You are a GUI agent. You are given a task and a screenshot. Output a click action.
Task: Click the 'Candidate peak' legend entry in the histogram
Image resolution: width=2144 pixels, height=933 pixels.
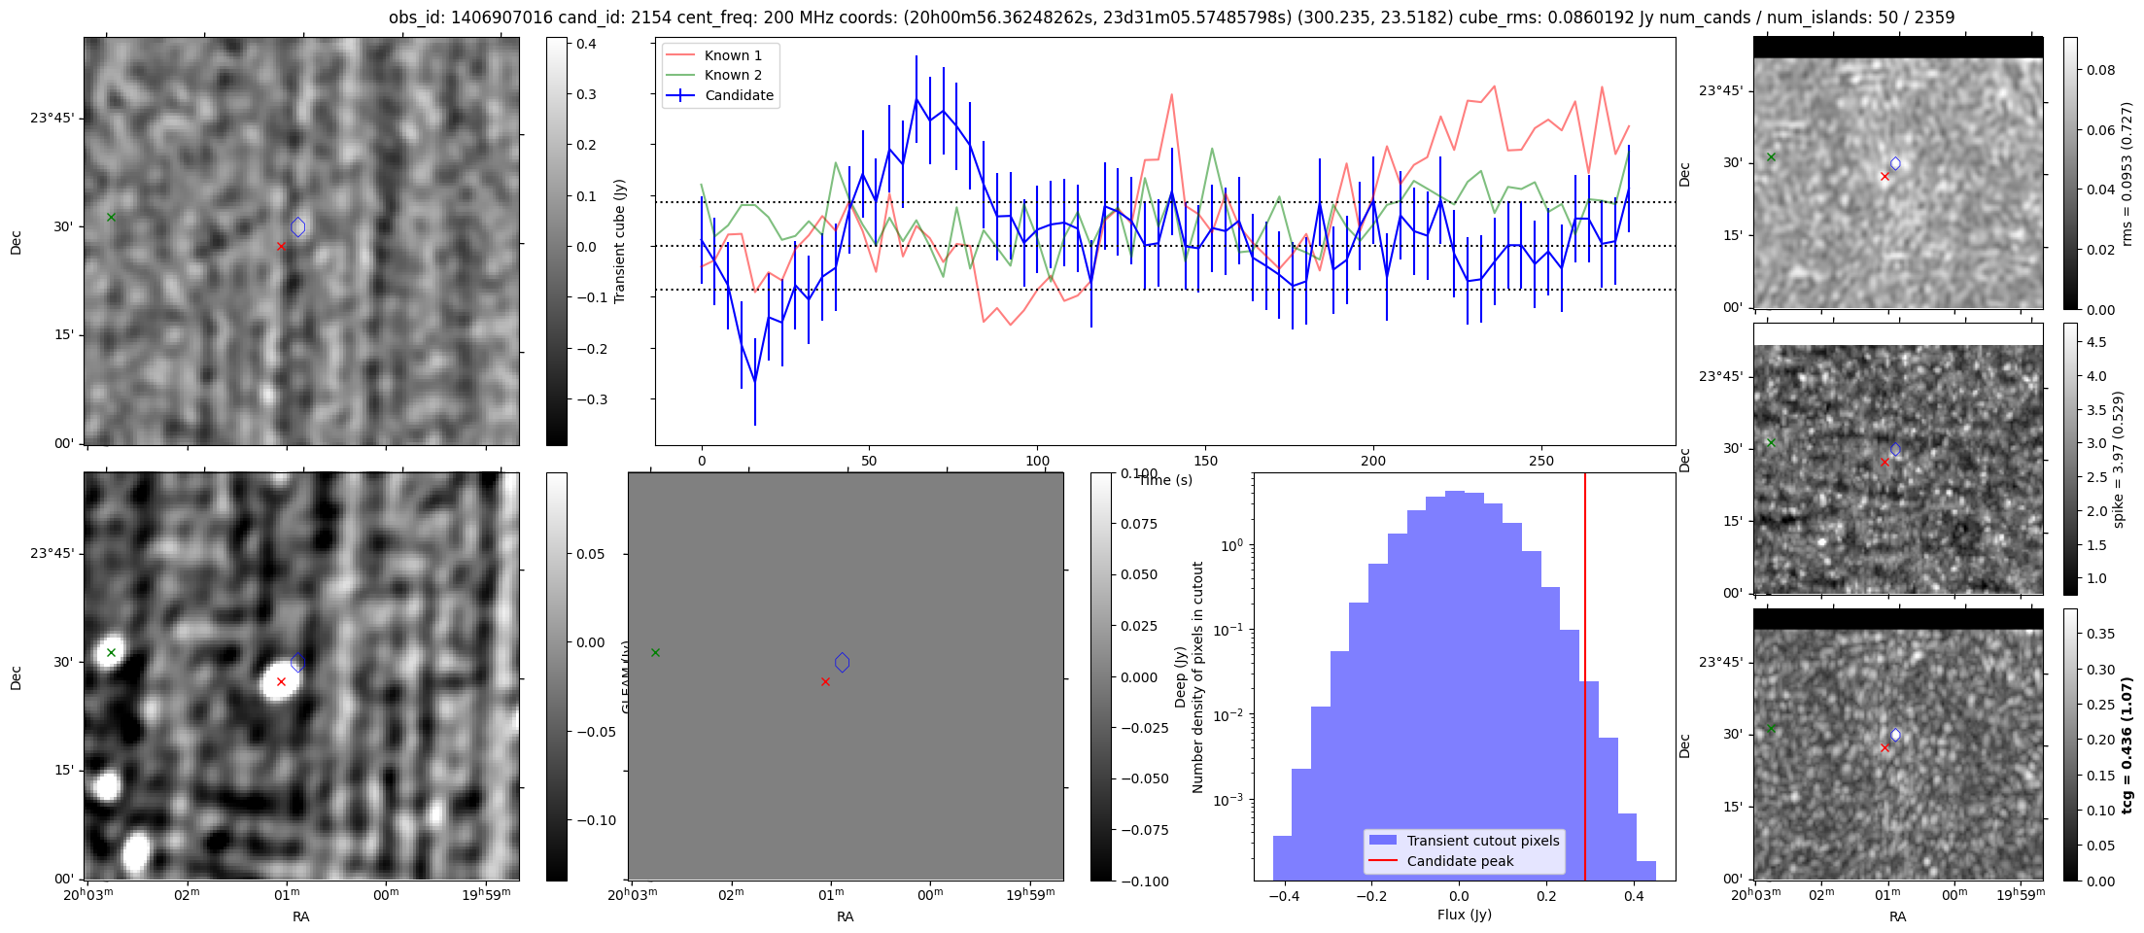coord(1460,861)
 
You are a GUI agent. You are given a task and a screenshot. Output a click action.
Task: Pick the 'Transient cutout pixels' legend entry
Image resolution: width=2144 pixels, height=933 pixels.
coord(1482,841)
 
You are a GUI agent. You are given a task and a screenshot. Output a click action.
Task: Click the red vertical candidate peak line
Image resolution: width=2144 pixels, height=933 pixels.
coord(1585,680)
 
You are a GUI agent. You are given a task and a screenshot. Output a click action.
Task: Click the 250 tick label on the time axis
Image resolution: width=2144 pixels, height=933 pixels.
coord(1540,461)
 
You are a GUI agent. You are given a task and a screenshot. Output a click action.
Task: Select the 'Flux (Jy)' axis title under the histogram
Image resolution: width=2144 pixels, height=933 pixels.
coord(1464,915)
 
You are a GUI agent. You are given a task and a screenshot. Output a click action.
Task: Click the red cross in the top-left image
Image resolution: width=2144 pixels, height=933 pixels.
coord(281,247)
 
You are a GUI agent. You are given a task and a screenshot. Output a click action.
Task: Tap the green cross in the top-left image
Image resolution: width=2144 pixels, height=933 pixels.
coord(111,217)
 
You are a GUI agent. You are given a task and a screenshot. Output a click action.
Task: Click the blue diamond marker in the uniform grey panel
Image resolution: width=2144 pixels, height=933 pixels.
coord(842,663)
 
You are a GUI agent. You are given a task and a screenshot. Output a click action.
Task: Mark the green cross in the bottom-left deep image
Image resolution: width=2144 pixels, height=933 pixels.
coord(111,652)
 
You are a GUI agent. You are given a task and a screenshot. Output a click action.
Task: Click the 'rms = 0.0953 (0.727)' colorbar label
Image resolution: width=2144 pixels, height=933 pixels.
coord(2126,173)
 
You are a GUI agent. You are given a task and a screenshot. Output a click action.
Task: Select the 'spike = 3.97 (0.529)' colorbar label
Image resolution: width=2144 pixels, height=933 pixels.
coord(2118,459)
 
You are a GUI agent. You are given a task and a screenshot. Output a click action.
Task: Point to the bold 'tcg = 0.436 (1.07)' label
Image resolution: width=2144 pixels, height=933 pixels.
coord(2127,744)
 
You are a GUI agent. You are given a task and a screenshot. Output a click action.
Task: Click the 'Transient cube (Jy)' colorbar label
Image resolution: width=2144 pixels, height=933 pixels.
coord(619,241)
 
